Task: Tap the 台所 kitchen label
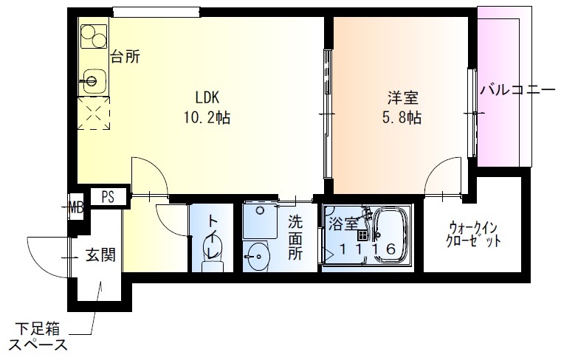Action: coord(125,56)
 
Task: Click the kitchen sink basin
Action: coord(92,77)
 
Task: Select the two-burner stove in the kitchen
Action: coord(94,36)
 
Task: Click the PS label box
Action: coord(109,197)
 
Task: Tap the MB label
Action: coord(75,207)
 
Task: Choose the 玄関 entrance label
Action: coord(100,256)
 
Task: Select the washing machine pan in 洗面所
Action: coord(259,219)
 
